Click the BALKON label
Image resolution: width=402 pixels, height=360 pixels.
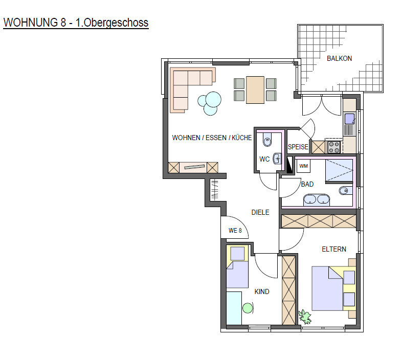(x=339, y=58)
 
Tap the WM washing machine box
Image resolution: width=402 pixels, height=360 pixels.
(x=304, y=166)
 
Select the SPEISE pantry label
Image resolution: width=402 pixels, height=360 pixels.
(x=298, y=147)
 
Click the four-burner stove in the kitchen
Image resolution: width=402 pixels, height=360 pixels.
(x=334, y=147)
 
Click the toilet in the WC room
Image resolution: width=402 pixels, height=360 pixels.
(x=267, y=140)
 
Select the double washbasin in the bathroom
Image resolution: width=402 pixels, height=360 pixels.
(x=317, y=200)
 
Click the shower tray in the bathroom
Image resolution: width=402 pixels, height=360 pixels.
(x=339, y=170)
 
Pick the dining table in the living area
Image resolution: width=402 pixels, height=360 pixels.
(x=255, y=90)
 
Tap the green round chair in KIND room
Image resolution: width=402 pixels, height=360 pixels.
(x=248, y=308)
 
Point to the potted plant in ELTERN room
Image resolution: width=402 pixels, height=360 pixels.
(x=305, y=317)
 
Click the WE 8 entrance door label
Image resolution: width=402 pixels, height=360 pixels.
(x=235, y=231)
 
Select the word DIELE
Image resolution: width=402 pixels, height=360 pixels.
(x=260, y=212)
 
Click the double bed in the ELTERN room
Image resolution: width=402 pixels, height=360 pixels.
(x=334, y=288)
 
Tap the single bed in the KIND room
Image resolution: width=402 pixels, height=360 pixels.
(x=237, y=266)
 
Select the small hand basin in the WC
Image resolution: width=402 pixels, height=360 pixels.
(x=277, y=159)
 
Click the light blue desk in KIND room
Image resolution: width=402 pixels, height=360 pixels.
(x=234, y=308)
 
